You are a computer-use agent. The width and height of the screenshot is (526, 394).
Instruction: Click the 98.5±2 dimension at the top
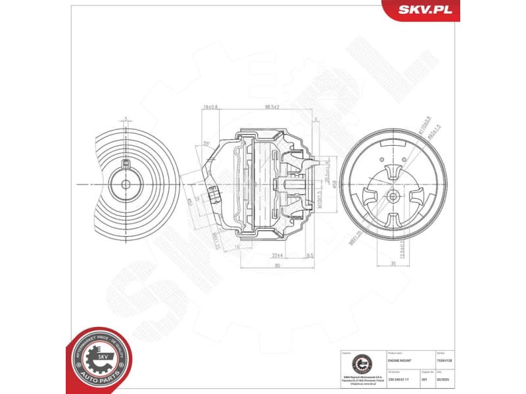tap(271, 106)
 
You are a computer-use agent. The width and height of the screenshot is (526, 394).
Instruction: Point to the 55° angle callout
tap(206, 142)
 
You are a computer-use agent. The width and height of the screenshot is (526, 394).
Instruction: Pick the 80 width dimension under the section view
tap(277, 265)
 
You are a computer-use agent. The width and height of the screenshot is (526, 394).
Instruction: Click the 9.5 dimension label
tap(309, 255)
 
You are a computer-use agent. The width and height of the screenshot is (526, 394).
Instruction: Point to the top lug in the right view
tap(393, 170)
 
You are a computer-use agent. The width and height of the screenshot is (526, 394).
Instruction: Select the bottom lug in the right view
tap(393, 220)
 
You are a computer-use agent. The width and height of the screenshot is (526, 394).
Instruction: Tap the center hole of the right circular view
tap(393, 196)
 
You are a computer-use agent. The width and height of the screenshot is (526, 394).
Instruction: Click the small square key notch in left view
tap(125, 162)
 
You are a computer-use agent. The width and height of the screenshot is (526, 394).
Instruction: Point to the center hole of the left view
tap(125, 184)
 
